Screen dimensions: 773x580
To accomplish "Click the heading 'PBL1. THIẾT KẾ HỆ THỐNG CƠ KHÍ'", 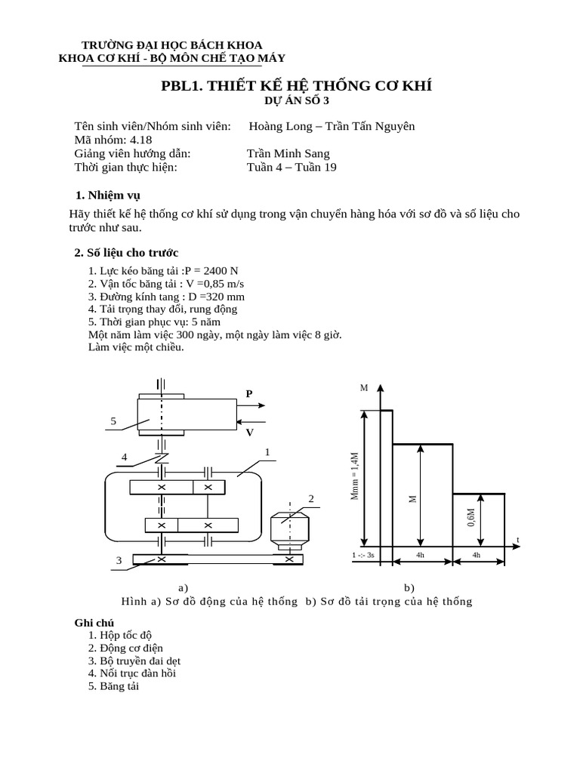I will (x=296, y=85).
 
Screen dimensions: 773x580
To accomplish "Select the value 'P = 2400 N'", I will (x=214, y=271).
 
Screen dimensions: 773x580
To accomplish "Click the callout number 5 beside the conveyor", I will (x=113, y=421).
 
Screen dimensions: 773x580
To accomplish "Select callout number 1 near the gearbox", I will (x=267, y=452).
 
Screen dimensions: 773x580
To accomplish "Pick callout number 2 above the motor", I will (x=310, y=499).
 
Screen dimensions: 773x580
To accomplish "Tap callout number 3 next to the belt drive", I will (x=119, y=560).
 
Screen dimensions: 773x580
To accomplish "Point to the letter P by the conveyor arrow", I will (x=249, y=393).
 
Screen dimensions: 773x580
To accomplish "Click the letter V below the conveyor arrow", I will (x=249, y=432).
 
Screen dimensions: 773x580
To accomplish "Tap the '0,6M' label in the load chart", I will (x=470, y=519).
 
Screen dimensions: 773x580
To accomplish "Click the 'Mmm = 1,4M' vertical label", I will (x=355, y=477).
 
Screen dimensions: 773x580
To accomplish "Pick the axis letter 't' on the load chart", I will (x=518, y=539).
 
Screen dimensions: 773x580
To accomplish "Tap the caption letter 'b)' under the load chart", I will (x=409, y=587).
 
